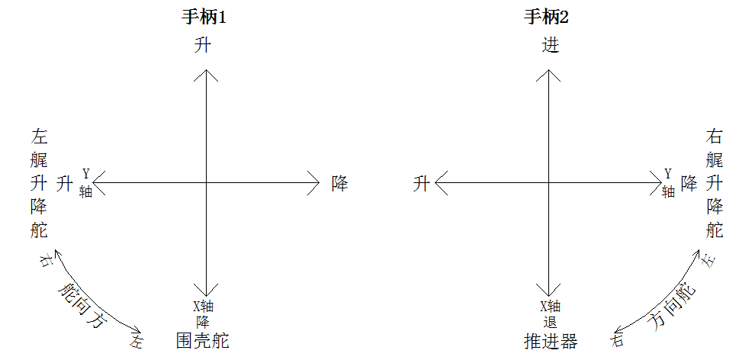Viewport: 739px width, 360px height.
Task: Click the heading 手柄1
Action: pyautogui.click(x=202, y=18)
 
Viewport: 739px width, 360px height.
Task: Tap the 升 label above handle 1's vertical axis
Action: pyautogui.click(x=203, y=47)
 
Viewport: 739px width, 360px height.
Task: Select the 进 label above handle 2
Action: pyautogui.click(x=550, y=47)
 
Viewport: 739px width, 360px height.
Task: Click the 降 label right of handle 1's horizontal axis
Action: pyautogui.click(x=339, y=183)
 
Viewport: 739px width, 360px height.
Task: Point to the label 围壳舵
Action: pyautogui.click(x=202, y=340)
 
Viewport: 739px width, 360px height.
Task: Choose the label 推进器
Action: pyautogui.click(x=550, y=340)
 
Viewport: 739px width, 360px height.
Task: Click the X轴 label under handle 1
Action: pyautogui.click(x=202, y=307)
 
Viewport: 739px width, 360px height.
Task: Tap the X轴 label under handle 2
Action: pyautogui.click(x=550, y=307)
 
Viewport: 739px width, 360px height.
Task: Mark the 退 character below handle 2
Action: pyautogui.click(x=550, y=321)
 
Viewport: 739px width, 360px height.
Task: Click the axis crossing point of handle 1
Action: pyautogui.click(x=206, y=182)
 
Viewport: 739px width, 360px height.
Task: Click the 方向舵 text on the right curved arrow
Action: pyautogui.click(x=671, y=306)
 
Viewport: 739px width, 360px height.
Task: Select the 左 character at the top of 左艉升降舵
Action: pyautogui.click(x=40, y=137)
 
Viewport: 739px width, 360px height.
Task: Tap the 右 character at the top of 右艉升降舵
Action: pyautogui.click(x=715, y=137)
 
